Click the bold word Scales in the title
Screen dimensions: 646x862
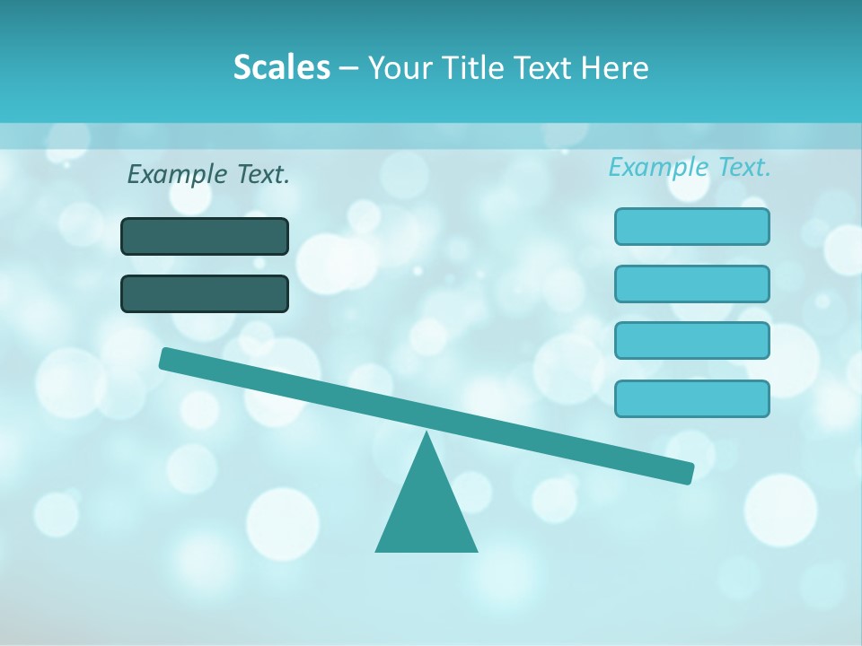point(281,67)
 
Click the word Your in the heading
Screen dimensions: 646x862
point(400,67)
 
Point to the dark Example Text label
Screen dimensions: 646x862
point(208,174)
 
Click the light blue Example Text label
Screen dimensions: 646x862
point(690,167)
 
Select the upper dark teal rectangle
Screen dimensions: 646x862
point(205,237)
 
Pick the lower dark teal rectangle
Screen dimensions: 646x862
point(205,294)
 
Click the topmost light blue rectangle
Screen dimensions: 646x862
point(691,226)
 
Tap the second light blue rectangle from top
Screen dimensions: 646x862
point(691,284)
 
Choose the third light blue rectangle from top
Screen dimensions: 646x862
point(691,341)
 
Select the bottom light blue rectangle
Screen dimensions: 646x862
point(691,398)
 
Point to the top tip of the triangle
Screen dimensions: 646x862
point(427,434)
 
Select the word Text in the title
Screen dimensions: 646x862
point(542,67)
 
